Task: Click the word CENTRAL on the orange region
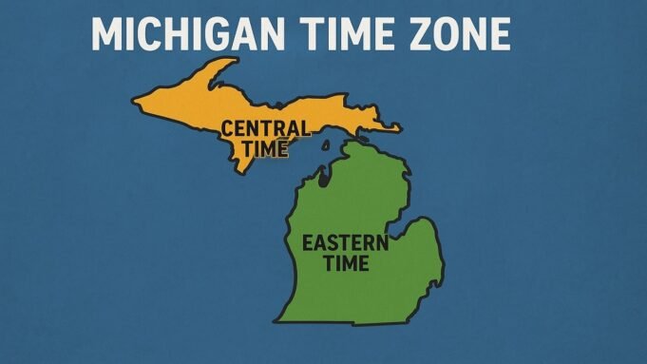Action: click(264, 128)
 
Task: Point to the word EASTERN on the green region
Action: click(344, 243)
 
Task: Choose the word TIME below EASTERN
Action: click(344, 263)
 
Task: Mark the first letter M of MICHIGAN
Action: click(107, 34)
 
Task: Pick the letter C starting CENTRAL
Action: click(228, 128)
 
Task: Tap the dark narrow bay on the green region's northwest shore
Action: click(323, 177)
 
